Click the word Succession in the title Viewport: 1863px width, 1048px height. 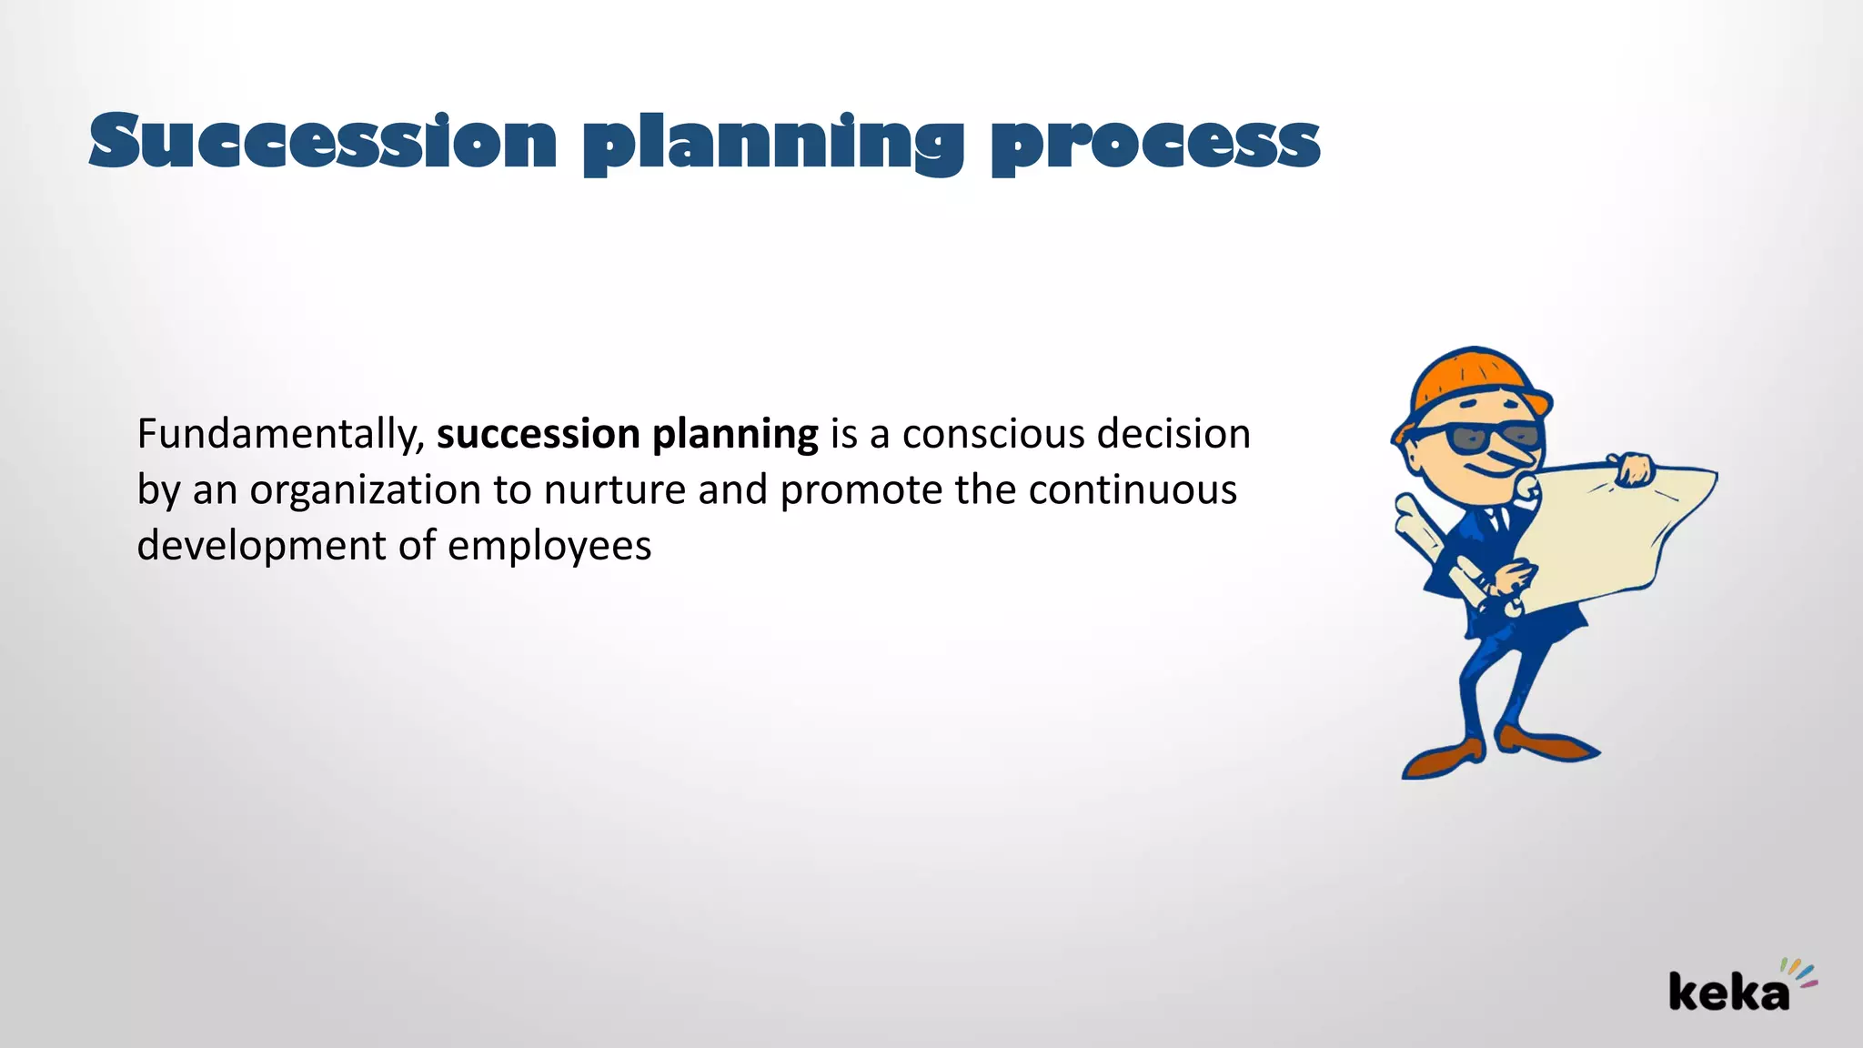coord(323,142)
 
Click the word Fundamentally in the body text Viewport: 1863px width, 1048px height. coord(277,435)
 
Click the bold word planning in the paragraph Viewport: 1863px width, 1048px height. coord(735,435)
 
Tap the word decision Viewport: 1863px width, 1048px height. coord(1173,435)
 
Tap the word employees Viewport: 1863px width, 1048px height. coord(549,546)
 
